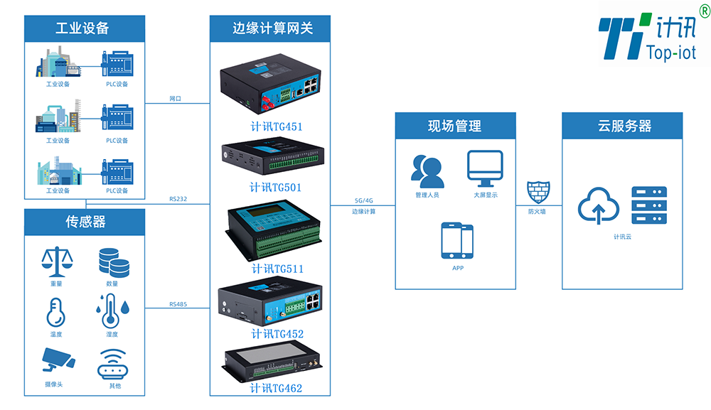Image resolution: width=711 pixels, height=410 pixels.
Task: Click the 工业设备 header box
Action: click(x=85, y=28)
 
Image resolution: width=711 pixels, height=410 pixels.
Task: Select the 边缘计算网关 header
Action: click(x=271, y=28)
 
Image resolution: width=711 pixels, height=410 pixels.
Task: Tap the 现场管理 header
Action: click(x=455, y=126)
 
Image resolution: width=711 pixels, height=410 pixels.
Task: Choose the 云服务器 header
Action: click(x=622, y=126)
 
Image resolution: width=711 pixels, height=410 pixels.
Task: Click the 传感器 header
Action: click(x=85, y=222)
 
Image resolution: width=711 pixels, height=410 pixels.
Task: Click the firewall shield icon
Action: click(x=537, y=193)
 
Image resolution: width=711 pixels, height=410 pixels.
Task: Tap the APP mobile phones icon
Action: click(x=457, y=241)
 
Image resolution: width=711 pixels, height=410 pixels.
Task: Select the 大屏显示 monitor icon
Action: click(x=485, y=168)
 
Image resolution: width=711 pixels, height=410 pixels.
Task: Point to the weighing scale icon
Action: click(x=56, y=262)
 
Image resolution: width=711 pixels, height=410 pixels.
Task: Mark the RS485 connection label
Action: click(x=178, y=304)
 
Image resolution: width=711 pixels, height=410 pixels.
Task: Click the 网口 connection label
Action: click(x=176, y=99)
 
